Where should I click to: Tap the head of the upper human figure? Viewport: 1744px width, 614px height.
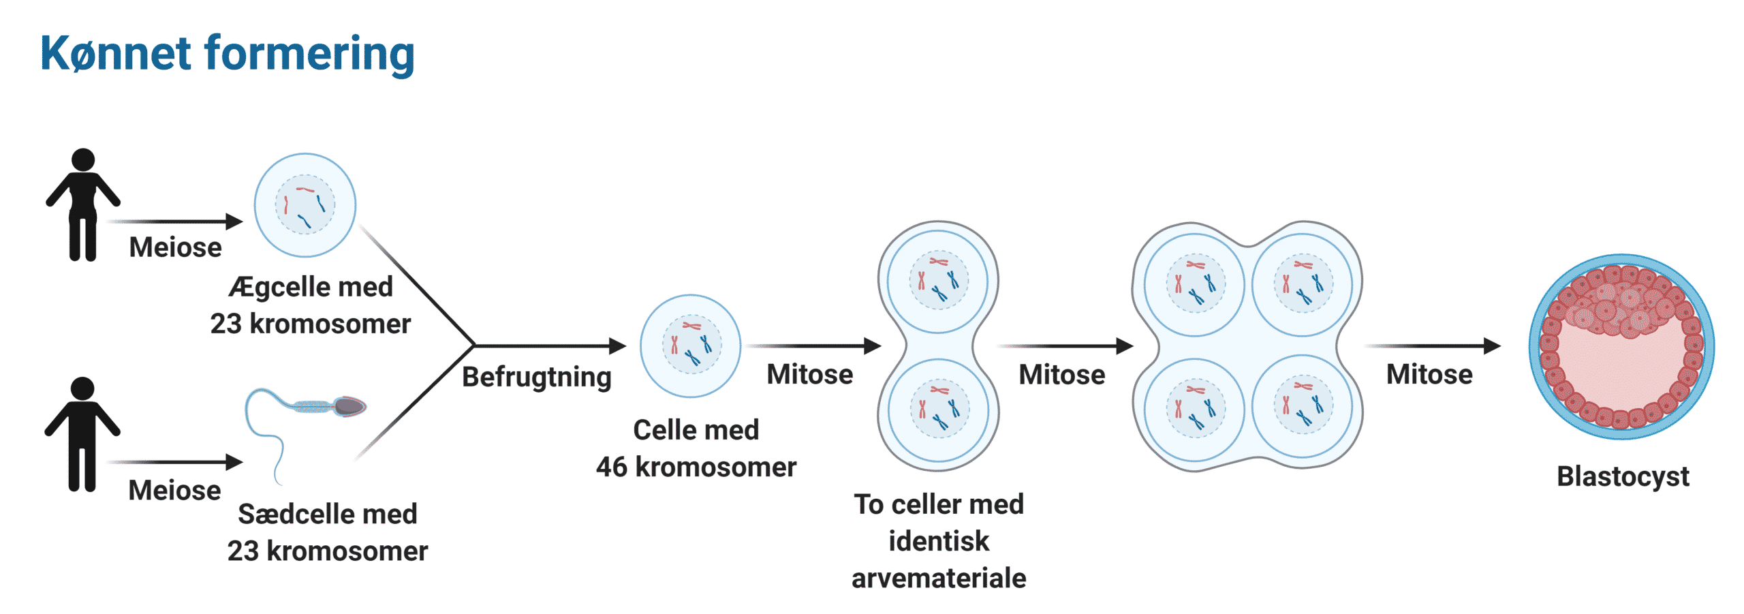pyautogui.click(x=83, y=159)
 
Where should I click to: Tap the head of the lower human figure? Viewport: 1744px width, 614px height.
pyautogui.click(x=82, y=388)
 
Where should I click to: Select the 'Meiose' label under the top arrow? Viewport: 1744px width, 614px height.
pyautogui.click(x=175, y=247)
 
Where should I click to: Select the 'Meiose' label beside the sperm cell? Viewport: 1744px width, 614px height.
pyautogui.click(x=174, y=491)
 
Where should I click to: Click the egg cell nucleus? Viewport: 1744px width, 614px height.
pyautogui.click(x=305, y=204)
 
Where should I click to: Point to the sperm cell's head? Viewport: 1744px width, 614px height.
pyautogui.click(x=350, y=407)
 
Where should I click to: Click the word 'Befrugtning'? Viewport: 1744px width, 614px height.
pyautogui.click(x=537, y=377)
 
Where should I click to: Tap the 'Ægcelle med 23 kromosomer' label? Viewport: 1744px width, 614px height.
pyautogui.click(x=311, y=305)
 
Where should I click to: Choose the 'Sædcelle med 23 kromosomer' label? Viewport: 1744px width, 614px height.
pyautogui.click(x=328, y=532)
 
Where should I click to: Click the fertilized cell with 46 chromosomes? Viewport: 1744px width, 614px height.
pyautogui.click(x=691, y=346)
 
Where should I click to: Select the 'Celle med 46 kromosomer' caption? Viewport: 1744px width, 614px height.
pyautogui.click(x=696, y=448)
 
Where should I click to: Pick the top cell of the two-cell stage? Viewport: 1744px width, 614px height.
pyautogui.click(x=938, y=281)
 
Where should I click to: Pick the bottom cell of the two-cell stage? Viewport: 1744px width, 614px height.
pyautogui.click(x=939, y=409)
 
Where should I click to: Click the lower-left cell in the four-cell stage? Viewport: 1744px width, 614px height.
pyautogui.click(x=1194, y=409)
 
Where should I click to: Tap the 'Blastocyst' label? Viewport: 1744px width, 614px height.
pyautogui.click(x=1623, y=476)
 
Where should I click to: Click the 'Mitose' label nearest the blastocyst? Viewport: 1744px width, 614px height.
pyautogui.click(x=1429, y=375)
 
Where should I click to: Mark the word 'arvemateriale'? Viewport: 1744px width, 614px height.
pyautogui.click(x=939, y=578)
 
